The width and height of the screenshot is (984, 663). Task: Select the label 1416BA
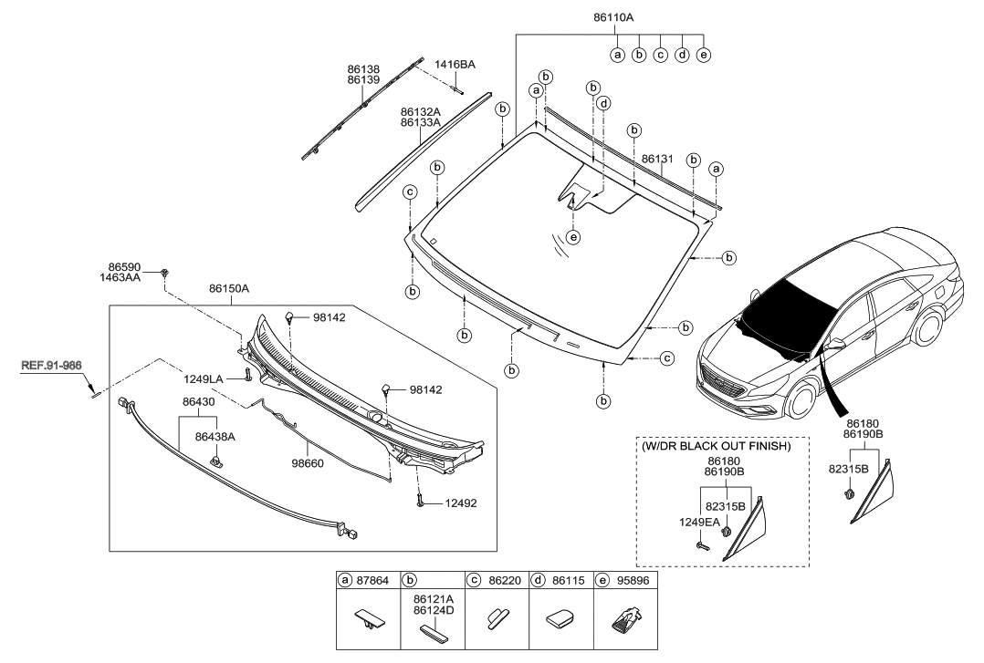pyautogui.click(x=455, y=64)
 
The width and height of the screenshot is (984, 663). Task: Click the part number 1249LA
pyautogui.click(x=202, y=377)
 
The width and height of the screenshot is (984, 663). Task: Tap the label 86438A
pyautogui.click(x=215, y=437)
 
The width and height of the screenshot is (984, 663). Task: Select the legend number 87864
pyautogui.click(x=373, y=580)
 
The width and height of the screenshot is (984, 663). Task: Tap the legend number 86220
pyautogui.click(x=502, y=580)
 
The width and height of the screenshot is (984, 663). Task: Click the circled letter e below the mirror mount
pyautogui.click(x=572, y=237)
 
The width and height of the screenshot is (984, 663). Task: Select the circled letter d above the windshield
pyautogui.click(x=603, y=104)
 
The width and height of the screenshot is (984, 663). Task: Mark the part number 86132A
pyautogui.click(x=419, y=111)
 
